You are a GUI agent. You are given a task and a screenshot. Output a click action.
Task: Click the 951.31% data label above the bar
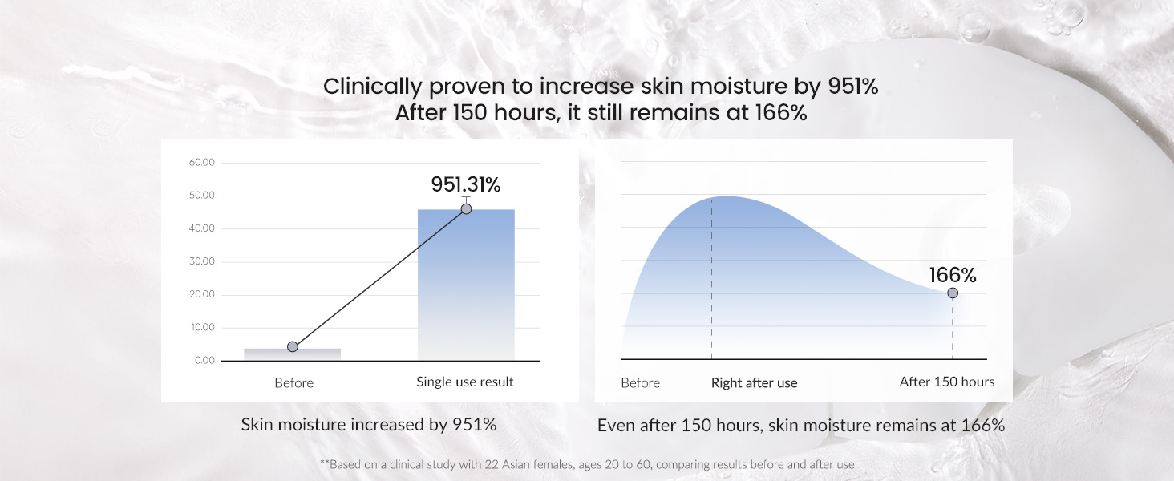[x=465, y=184]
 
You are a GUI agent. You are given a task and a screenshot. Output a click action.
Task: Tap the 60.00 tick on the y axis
[x=202, y=163]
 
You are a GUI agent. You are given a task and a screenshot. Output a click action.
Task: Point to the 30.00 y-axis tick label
[x=202, y=261]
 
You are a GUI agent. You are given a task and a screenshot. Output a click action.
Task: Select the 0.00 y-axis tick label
[x=204, y=361]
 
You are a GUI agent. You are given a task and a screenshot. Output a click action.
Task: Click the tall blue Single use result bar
[x=466, y=285]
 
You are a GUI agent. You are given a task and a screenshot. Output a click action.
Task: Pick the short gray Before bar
[x=292, y=354]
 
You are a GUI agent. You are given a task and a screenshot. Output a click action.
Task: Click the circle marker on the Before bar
[x=293, y=346]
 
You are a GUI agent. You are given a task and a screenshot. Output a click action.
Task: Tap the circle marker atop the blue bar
[x=466, y=209]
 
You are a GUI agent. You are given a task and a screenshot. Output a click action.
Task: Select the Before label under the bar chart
[x=294, y=383]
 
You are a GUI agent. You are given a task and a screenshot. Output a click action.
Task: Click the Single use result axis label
[x=465, y=382]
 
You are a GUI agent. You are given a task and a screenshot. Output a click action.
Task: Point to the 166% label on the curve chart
[x=953, y=275]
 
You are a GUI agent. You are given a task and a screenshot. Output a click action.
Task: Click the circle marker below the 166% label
[x=953, y=293]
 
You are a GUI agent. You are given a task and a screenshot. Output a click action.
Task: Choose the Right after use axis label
[x=754, y=383]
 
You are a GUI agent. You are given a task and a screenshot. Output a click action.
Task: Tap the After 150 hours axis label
[x=947, y=382]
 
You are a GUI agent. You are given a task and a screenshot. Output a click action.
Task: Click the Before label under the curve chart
[x=640, y=383]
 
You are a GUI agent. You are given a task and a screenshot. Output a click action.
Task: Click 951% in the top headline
[x=852, y=87]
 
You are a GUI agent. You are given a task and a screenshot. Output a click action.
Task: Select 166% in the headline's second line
[x=781, y=113]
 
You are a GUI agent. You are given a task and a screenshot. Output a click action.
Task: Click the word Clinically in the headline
[x=372, y=87]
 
